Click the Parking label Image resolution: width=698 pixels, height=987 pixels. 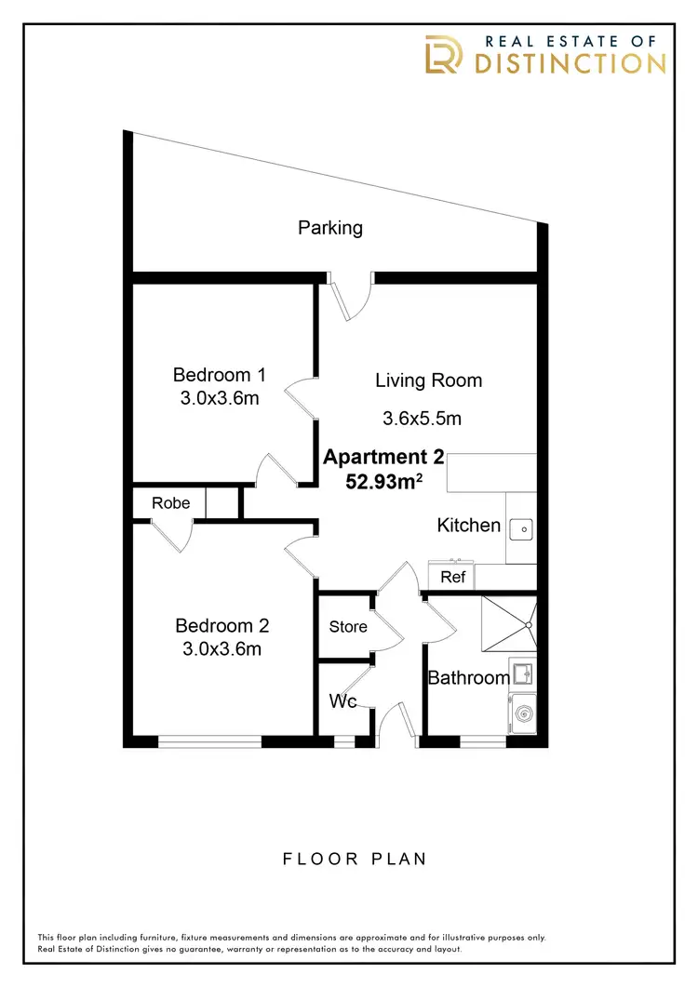coord(330,227)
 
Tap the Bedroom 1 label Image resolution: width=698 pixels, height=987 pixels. coord(220,375)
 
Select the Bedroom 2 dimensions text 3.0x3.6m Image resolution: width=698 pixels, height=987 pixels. coord(221,649)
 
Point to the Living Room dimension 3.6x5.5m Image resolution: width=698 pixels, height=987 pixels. coord(422,419)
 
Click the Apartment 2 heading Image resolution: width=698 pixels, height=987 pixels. coord(383,458)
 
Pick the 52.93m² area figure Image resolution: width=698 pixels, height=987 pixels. coord(383,483)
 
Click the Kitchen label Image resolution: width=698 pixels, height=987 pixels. coord(469,526)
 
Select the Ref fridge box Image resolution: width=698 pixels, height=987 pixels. coord(452,577)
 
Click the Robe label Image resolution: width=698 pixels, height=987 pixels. coord(170,503)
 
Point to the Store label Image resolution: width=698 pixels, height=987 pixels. coord(348,627)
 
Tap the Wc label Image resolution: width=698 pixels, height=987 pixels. coord(344,701)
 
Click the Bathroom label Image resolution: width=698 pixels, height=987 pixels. coord(468,677)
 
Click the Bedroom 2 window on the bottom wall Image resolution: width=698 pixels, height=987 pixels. coord(209,741)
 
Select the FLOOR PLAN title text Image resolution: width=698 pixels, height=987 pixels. coord(355,859)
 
